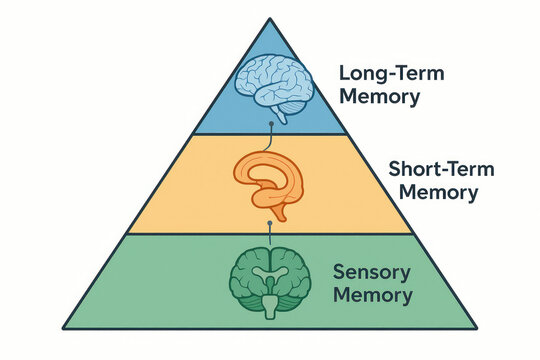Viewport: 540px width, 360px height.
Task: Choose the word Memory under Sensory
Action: (374, 295)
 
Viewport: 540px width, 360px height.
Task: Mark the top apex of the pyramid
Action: (270, 17)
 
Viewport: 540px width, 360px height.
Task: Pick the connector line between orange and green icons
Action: (270, 234)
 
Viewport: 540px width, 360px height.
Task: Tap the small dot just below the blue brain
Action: (271, 122)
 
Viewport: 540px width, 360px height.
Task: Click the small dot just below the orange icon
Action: (269, 224)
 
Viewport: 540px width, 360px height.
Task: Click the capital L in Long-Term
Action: (344, 74)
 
